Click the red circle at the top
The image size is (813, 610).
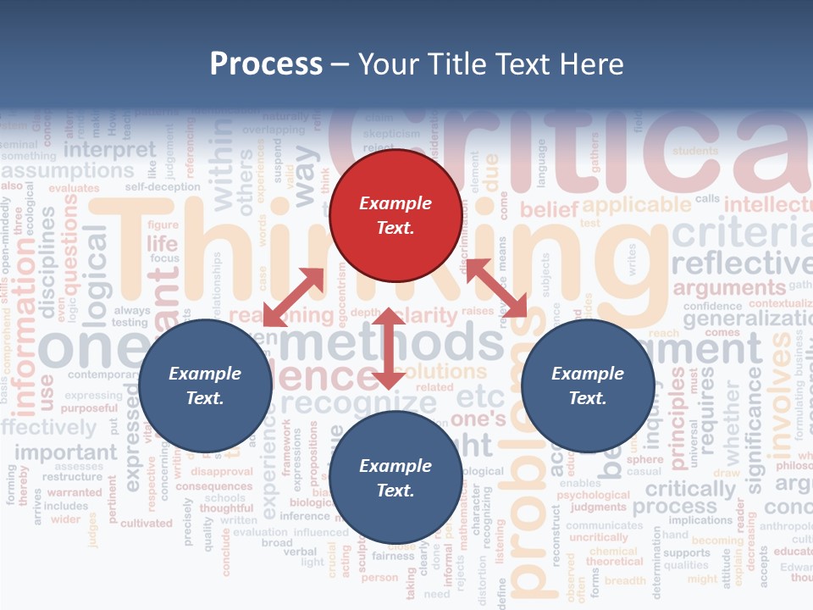click(x=395, y=215)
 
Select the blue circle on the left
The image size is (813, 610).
click(x=205, y=385)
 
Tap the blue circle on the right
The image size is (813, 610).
click(x=588, y=385)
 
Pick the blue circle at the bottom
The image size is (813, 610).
click(x=395, y=478)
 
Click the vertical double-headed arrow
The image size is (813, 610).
click(x=388, y=349)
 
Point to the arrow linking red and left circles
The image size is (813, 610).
click(x=293, y=297)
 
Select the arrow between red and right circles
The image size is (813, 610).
click(x=496, y=288)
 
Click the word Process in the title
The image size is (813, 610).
click(x=266, y=64)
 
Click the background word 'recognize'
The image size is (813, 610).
click(x=359, y=402)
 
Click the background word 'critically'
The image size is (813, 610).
click(x=690, y=490)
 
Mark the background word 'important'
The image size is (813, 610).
click(x=66, y=452)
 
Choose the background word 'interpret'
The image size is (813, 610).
click(x=110, y=150)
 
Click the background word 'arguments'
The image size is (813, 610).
click(x=729, y=288)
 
